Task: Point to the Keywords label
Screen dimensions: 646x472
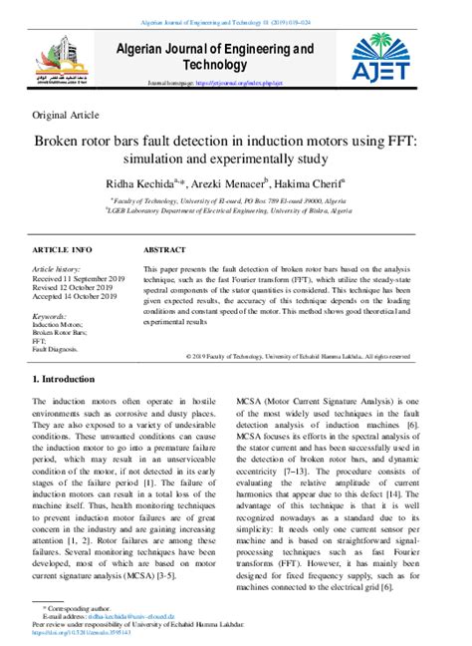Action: pos(56,316)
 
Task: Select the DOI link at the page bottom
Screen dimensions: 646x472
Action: pos(90,634)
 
